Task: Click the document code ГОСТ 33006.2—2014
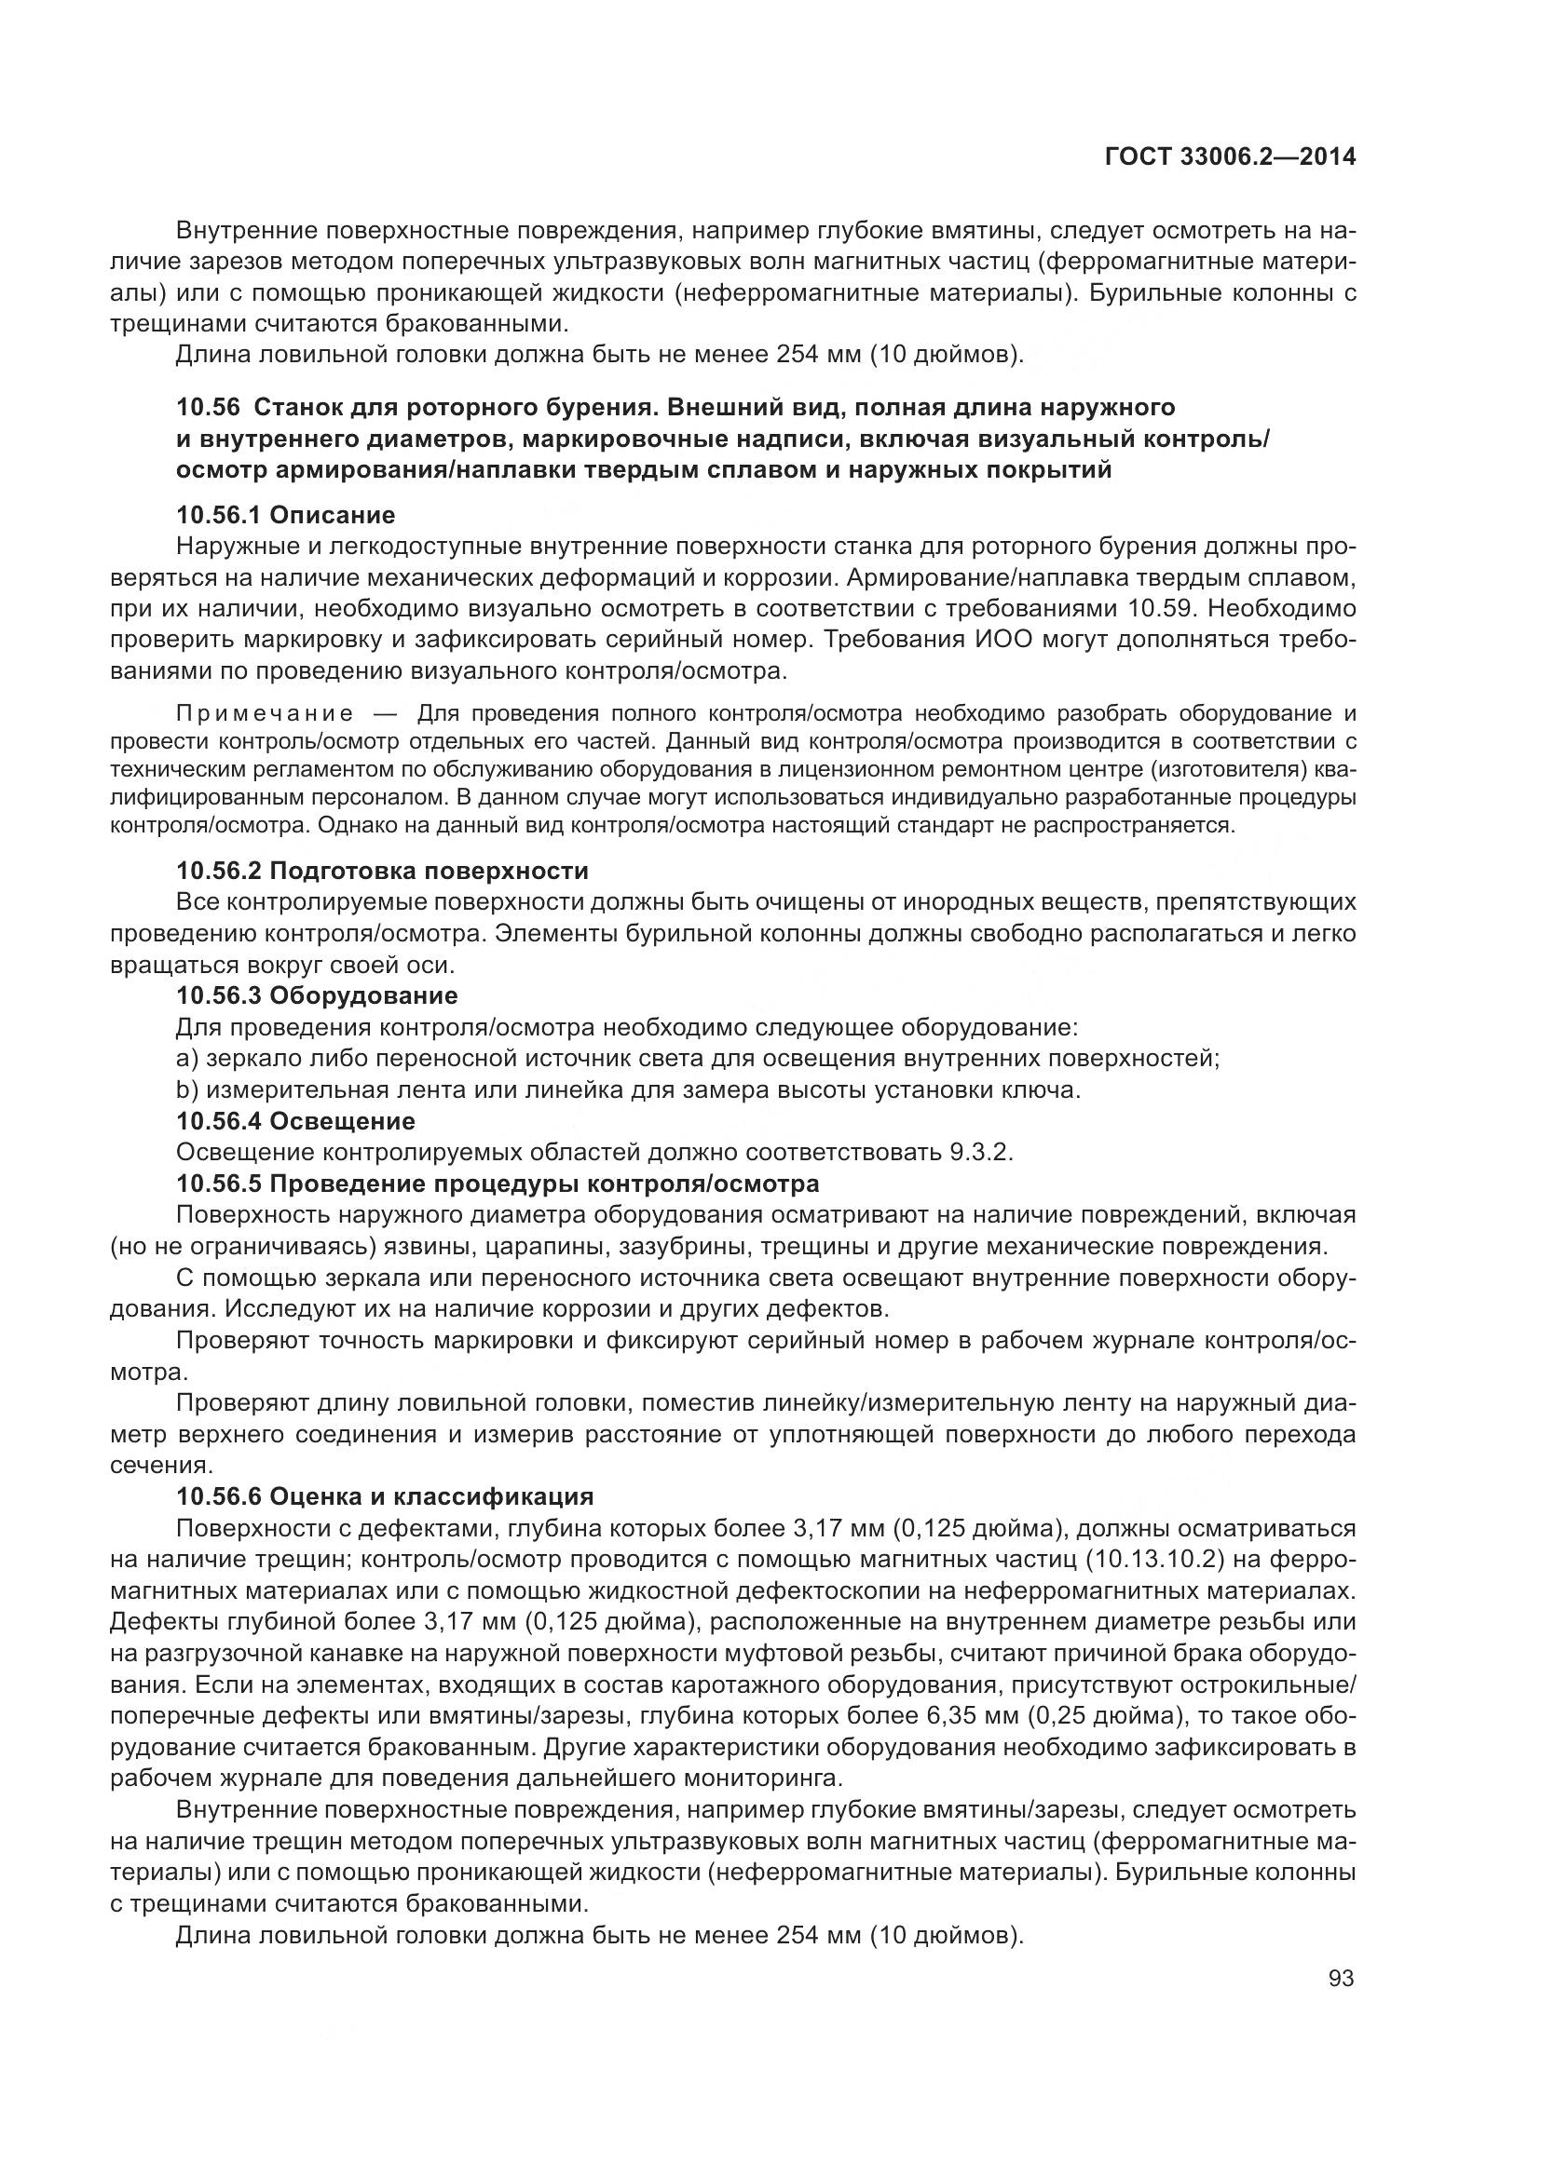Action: (1230, 157)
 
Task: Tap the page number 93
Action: (1341, 1978)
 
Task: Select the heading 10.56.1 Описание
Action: (286, 515)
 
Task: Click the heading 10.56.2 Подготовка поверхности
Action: (382, 870)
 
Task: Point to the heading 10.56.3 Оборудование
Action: (317, 995)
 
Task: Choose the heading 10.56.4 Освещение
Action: (296, 1121)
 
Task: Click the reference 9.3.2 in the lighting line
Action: (979, 1153)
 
